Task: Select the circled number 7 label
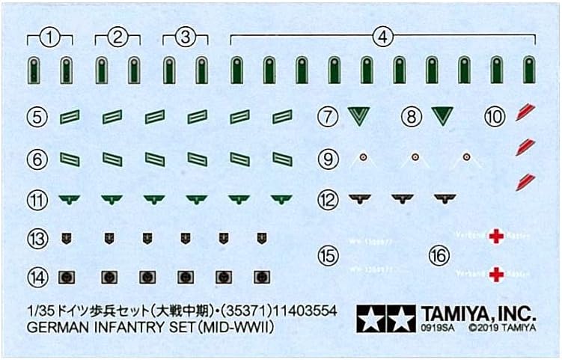(x=327, y=116)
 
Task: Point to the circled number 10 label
(x=493, y=116)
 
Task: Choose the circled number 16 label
(x=439, y=255)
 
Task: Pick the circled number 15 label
(x=327, y=255)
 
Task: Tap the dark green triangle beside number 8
(x=443, y=116)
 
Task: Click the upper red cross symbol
(x=495, y=237)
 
